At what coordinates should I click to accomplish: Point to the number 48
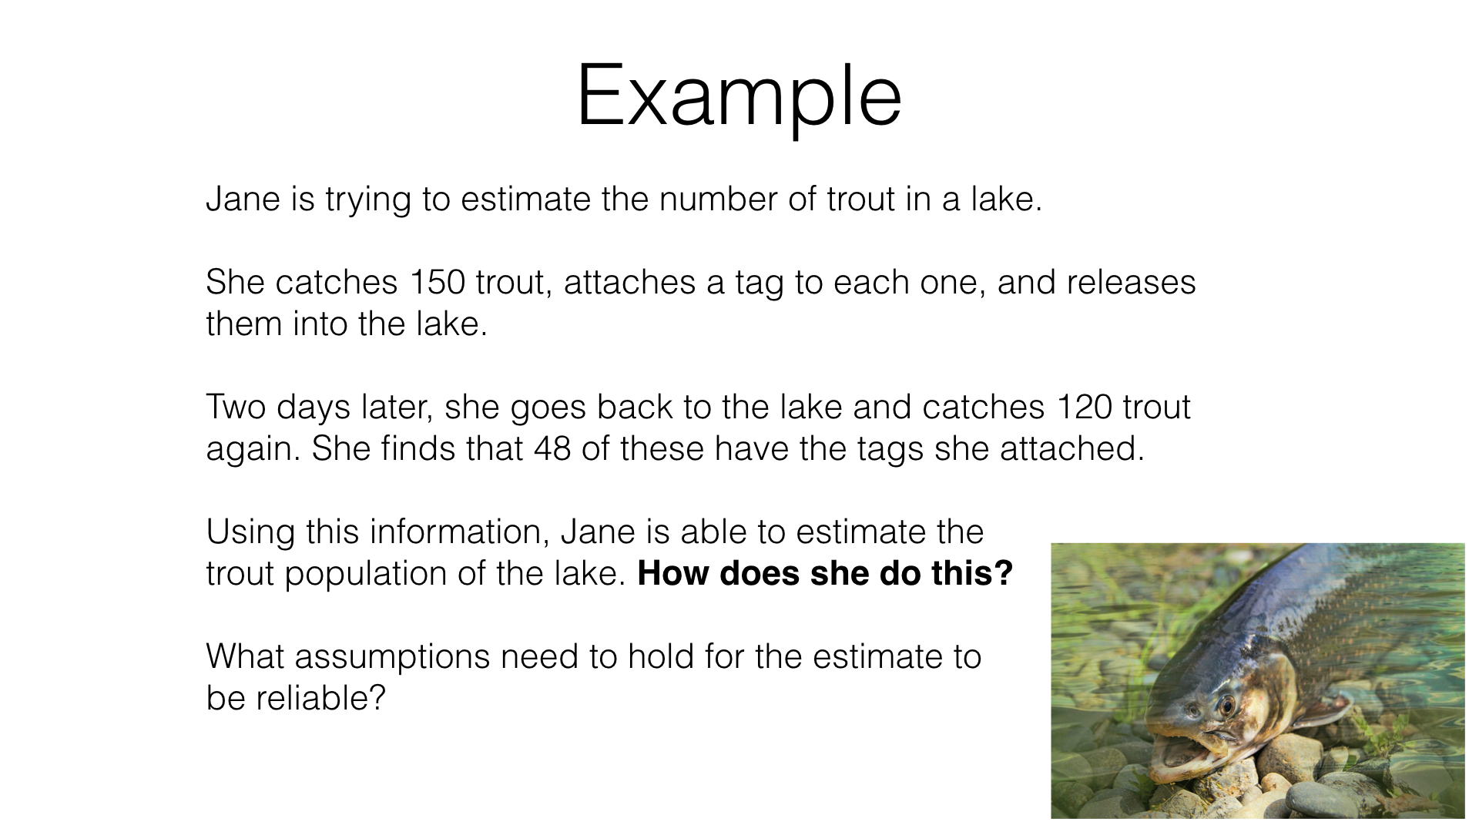552,448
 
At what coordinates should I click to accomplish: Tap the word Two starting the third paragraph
236,407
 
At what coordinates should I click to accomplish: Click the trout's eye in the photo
1226,703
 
